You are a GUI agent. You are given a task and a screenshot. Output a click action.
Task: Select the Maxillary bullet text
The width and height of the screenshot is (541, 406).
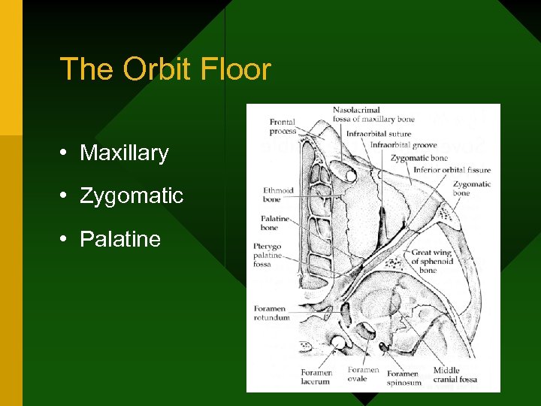(x=124, y=153)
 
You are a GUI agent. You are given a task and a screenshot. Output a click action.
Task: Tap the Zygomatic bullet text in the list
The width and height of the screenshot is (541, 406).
(x=131, y=195)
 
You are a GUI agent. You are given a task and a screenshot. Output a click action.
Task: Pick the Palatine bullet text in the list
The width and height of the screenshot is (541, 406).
(x=120, y=239)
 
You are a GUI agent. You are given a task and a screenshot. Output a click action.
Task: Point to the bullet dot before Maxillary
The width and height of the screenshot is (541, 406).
(x=66, y=153)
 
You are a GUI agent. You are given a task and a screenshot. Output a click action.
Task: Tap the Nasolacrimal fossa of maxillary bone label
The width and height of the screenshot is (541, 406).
(x=373, y=114)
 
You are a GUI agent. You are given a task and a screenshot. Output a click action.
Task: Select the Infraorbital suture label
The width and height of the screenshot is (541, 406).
(x=378, y=135)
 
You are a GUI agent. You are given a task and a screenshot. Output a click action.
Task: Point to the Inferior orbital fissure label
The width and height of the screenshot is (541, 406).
(x=452, y=169)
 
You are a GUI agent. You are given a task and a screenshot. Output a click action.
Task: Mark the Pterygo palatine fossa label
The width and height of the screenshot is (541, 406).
(x=271, y=256)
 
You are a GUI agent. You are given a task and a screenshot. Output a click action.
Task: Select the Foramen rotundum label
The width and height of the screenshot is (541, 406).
(x=271, y=313)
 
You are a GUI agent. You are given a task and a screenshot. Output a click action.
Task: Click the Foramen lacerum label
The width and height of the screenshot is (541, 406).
(x=316, y=377)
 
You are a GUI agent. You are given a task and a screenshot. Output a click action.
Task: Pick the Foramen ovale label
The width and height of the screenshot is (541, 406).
(x=364, y=374)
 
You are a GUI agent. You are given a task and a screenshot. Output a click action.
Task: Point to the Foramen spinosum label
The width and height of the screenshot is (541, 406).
(x=403, y=377)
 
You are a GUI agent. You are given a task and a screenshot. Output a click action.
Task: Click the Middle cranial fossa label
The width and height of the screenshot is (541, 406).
(x=455, y=374)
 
